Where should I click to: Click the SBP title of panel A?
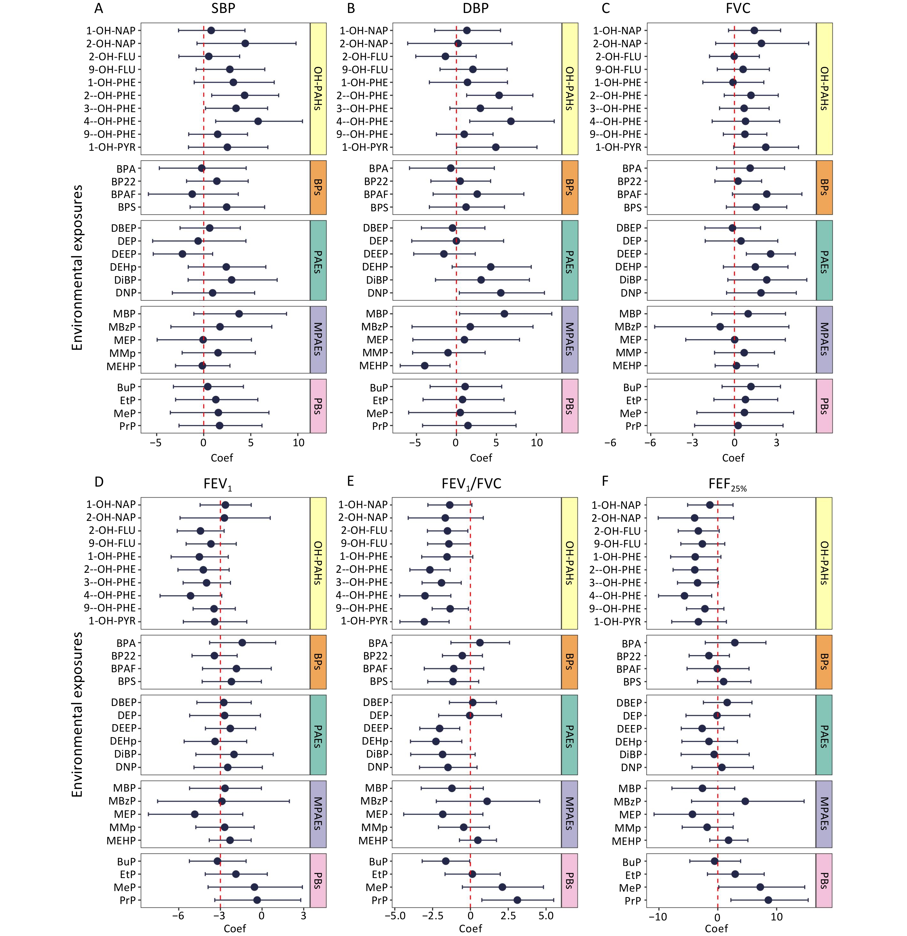pyautogui.click(x=223, y=9)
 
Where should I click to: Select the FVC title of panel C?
pyautogui.click(x=738, y=9)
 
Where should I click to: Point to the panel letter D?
pyautogui.click(x=99, y=481)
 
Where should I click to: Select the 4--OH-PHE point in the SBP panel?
pyautogui.click(x=258, y=121)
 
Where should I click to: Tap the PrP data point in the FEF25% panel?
pyautogui.click(x=768, y=900)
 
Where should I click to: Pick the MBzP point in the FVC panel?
pyautogui.click(x=720, y=327)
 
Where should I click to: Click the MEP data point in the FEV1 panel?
pyautogui.click(x=195, y=814)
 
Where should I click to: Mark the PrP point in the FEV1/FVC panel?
pyautogui.click(x=517, y=900)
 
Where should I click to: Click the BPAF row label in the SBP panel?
pyautogui.click(x=123, y=194)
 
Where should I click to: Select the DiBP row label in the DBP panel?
pyautogui.click(x=376, y=280)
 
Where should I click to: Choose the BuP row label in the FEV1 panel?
pyautogui.click(x=126, y=862)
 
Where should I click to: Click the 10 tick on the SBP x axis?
pyautogui.click(x=298, y=443)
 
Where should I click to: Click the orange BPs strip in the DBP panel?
pyautogui.click(x=570, y=188)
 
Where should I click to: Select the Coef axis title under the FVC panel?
pyautogui.click(x=733, y=458)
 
